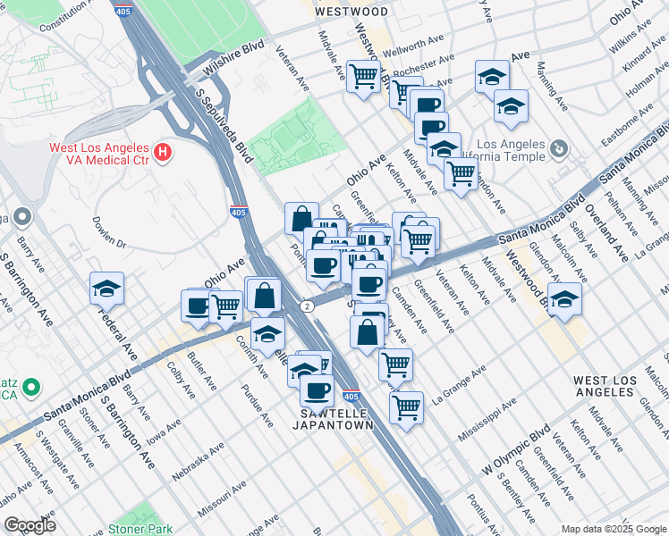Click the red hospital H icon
[x=162, y=153]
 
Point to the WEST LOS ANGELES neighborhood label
[x=605, y=387]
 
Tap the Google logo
[x=30, y=524]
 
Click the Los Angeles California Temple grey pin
[x=558, y=147]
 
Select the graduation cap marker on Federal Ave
[x=106, y=289]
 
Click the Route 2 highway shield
[x=308, y=306]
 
